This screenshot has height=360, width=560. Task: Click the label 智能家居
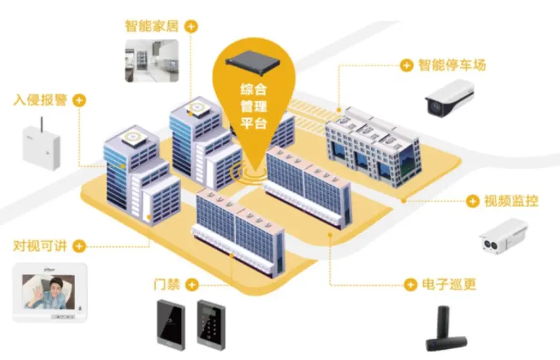(151, 26)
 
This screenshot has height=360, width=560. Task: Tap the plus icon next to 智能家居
(192, 26)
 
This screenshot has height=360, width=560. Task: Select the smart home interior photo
(152, 61)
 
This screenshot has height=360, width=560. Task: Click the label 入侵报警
(40, 100)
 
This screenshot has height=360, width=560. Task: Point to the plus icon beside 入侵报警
(79, 100)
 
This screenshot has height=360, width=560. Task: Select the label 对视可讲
(40, 246)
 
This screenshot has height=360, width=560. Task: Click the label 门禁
(167, 284)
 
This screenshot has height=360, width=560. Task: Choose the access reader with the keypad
(211, 324)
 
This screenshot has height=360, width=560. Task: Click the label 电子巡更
(449, 284)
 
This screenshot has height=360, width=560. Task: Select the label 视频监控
(511, 201)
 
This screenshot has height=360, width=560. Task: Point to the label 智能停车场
(452, 65)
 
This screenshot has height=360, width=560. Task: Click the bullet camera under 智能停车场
(450, 98)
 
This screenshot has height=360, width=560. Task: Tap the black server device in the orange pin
(253, 63)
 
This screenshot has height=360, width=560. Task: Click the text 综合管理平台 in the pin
(253, 106)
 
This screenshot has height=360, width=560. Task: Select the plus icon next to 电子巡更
(410, 285)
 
